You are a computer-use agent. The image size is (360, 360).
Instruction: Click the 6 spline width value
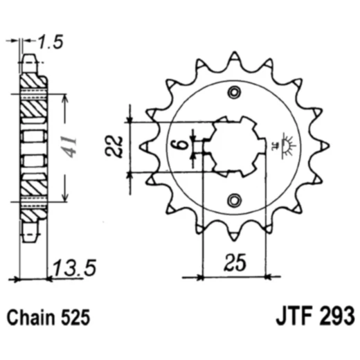(x=178, y=145)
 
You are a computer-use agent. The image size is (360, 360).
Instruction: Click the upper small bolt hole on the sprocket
(x=235, y=92)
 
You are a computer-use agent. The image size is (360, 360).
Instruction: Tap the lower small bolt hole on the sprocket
(x=235, y=200)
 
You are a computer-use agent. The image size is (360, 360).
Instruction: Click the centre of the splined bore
(x=235, y=146)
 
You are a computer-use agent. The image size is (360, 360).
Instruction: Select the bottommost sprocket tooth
(x=235, y=237)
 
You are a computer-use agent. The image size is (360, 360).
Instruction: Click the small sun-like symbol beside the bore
(x=287, y=145)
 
